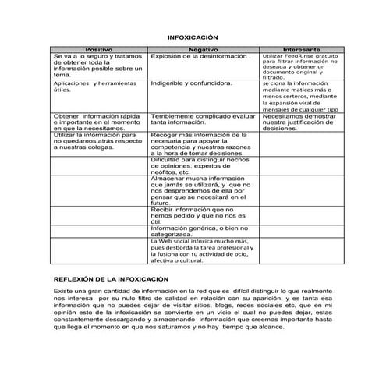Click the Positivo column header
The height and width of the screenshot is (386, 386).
98,49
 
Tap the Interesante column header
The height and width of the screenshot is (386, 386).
301,49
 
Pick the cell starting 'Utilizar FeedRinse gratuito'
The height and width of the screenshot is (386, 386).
300,66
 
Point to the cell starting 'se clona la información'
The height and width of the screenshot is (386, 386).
300,96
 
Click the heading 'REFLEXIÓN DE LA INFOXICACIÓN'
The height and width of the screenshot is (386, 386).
110,279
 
